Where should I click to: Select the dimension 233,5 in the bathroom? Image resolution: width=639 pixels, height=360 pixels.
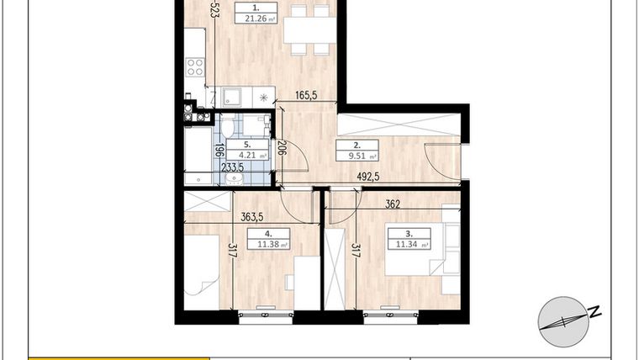[232, 168]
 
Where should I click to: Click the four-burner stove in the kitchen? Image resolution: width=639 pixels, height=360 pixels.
[195, 66]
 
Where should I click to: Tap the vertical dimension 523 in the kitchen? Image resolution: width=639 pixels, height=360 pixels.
[215, 9]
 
